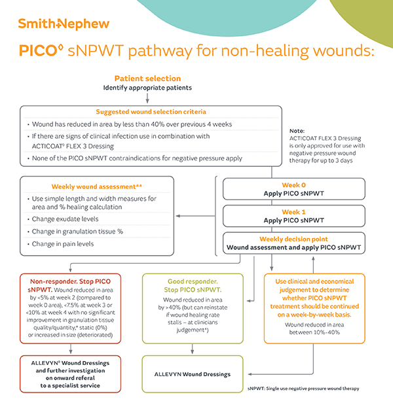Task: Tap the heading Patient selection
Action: click(x=147, y=78)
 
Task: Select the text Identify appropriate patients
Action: click(x=147, y=88)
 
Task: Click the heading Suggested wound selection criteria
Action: click(x=151, y=111)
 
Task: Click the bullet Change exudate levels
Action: click(x=65, y=219)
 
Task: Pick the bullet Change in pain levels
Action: click(x=64, y=244)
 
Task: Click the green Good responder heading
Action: click(x=192, y=285)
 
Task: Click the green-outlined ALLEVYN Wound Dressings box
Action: click(x=192, y=374)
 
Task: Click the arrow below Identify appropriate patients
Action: click(x=147, y=97)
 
